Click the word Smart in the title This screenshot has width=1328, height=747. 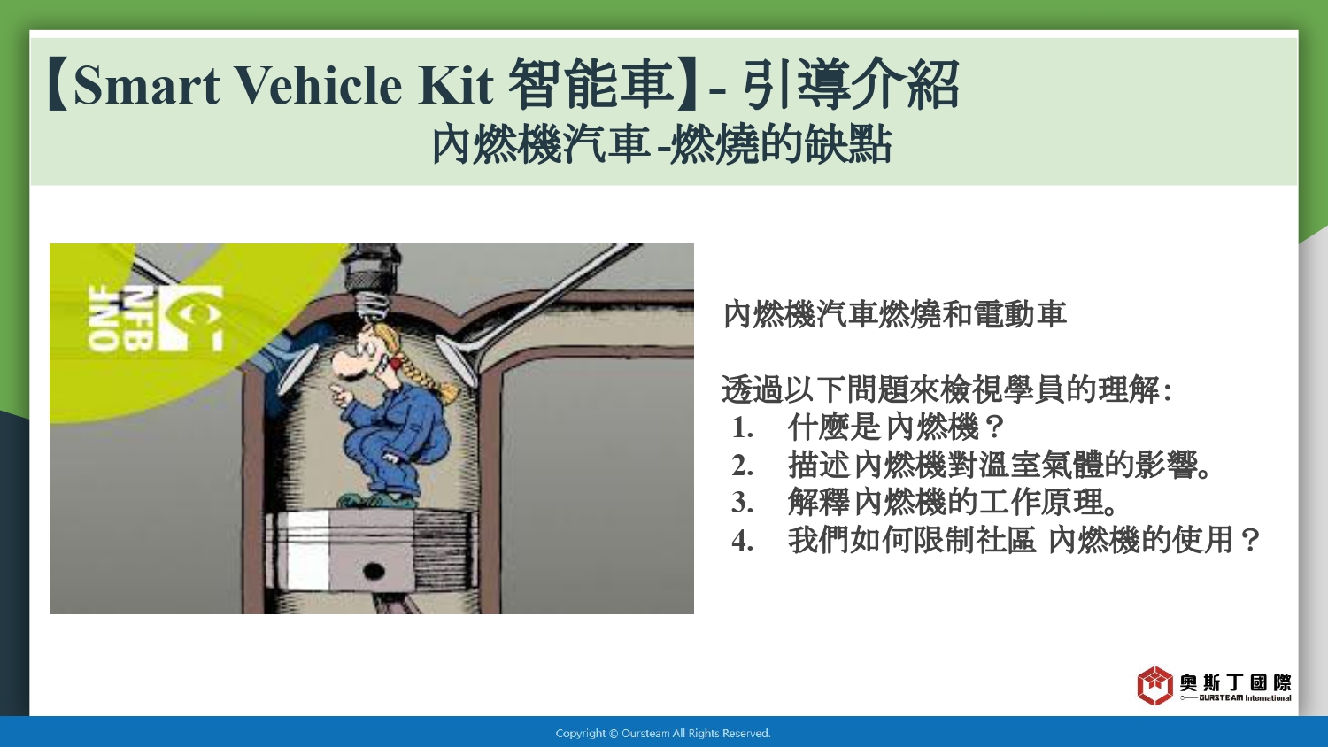(146, 86)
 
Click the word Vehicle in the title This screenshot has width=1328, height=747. (320, 86)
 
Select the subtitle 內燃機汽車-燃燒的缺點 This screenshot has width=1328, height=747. (661, 144)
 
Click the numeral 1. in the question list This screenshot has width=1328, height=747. (742, 427)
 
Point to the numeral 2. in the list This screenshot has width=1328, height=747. (742, 466)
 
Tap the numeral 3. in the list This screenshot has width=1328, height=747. (742, 503)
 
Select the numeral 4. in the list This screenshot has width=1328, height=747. (742, 541)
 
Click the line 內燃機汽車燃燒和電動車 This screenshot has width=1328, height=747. (894, 314)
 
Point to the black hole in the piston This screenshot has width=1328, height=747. (373, 572)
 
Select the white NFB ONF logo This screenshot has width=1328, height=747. (155, 319)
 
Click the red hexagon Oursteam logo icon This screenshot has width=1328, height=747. (1154, 685)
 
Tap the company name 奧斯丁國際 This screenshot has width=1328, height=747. (1236, 682)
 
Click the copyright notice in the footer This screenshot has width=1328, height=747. (663, 734)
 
